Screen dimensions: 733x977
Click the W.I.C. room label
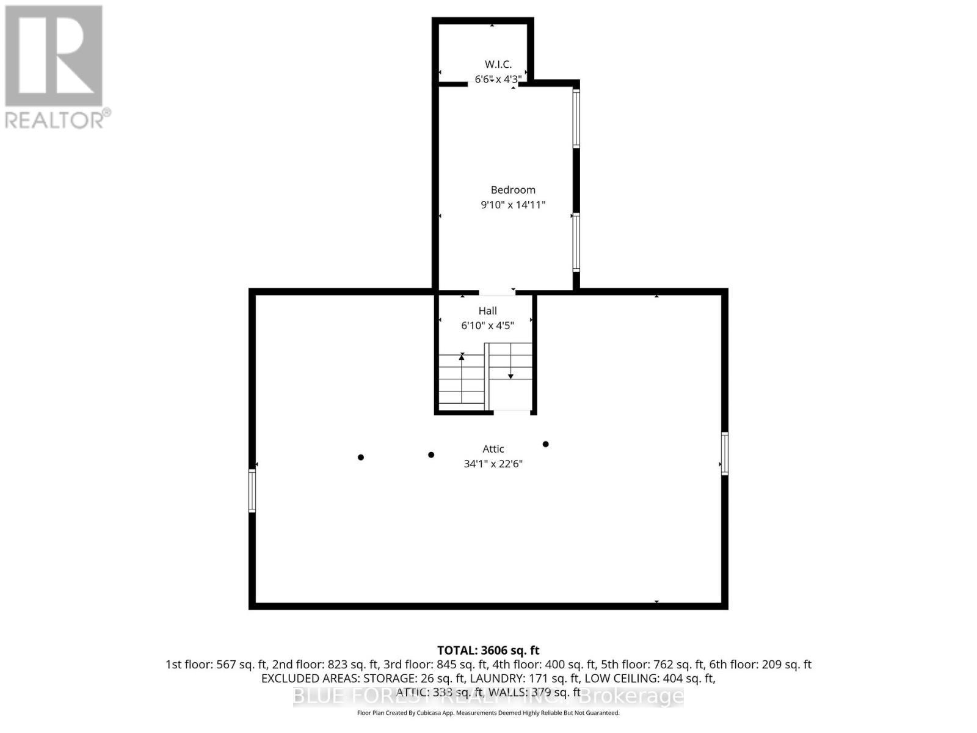point(498,64)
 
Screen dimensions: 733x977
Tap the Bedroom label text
point(513,190)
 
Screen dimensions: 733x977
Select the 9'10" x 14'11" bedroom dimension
point(513,205)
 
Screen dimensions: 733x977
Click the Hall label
point(487,311)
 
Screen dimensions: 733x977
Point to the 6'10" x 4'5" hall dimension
point(487,326)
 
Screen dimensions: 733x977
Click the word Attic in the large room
point(493,449)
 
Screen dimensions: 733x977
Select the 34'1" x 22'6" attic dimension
point(493,464)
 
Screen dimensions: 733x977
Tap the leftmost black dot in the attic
point(361,457)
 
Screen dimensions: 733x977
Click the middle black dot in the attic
point(431,454)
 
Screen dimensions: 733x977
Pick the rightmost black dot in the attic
point(545,444)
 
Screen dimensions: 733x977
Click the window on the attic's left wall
point(252,490)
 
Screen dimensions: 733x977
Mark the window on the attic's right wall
point(725,453)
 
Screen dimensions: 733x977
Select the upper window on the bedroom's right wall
point(576,119)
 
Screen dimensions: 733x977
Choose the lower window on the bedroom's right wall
point(576,243)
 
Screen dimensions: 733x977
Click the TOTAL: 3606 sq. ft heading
point(488,651)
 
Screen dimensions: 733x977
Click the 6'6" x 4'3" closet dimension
point(498,79)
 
